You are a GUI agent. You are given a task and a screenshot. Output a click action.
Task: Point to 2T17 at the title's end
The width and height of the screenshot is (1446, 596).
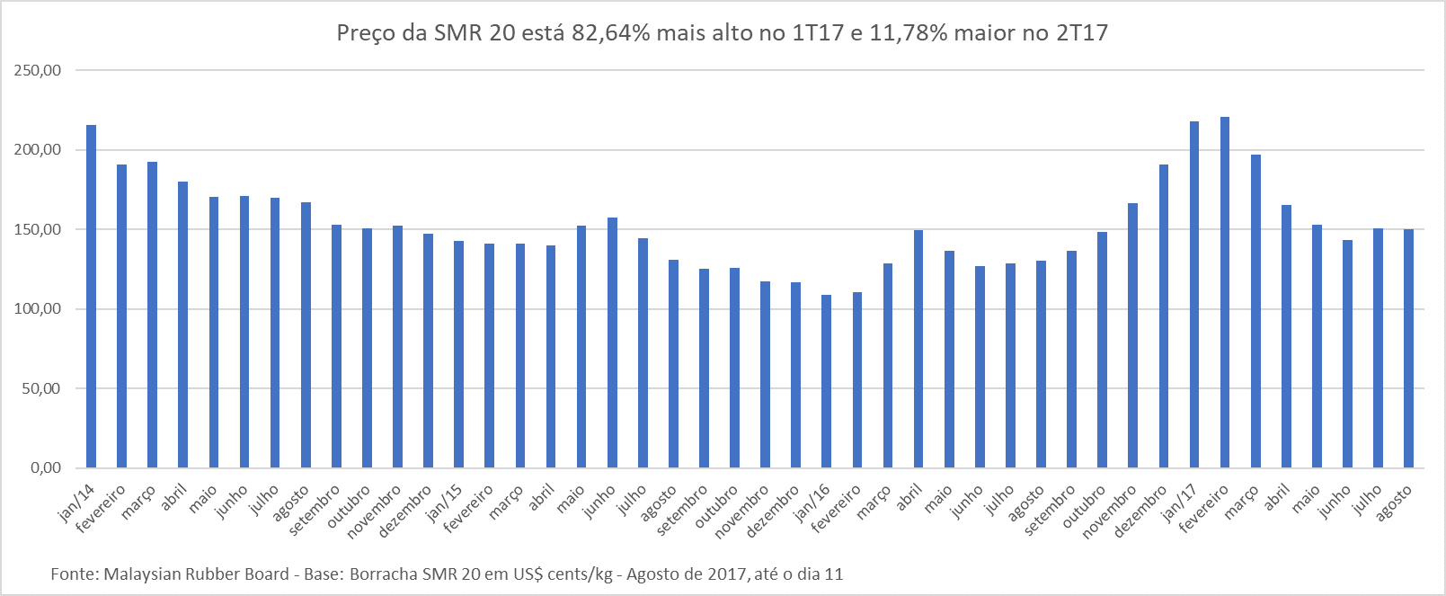1082,33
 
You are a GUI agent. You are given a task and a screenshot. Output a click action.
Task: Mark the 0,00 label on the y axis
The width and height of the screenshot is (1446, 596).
45,467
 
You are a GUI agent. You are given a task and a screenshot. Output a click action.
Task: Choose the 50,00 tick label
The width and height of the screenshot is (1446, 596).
41,388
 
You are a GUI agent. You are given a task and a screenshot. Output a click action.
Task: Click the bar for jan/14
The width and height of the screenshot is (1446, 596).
91,297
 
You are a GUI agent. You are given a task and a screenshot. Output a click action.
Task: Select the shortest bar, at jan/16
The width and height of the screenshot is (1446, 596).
826,381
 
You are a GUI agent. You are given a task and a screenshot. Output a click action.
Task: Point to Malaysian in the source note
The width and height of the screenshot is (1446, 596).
141,574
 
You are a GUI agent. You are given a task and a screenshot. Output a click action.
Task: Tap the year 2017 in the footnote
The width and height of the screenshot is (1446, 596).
730,574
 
